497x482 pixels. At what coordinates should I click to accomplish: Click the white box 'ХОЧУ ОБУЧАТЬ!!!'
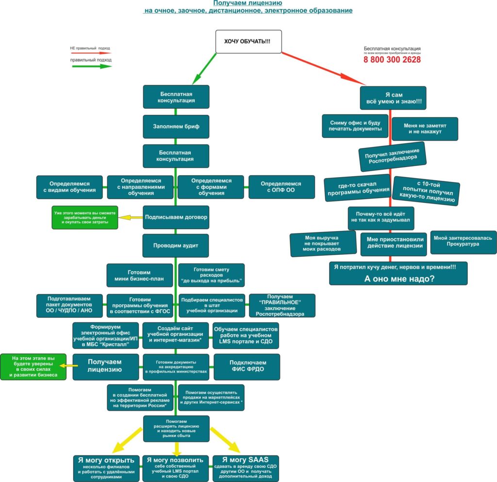point(248,42)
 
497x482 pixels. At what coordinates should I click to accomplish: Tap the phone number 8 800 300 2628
point(392,60)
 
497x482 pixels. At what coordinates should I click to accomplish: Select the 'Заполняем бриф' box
point(176,126)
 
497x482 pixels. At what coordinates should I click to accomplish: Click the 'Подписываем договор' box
point(176,217)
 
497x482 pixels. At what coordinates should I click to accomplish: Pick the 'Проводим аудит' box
point(176,246)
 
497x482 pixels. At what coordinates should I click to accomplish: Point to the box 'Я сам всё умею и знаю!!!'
point(393,98)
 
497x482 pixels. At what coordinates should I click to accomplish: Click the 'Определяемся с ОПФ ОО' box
point(282,187)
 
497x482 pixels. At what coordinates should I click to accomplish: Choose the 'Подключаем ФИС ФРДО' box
point(247,367)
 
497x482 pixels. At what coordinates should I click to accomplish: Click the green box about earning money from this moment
point(85,218)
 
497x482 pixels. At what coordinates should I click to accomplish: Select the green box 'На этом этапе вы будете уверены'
point(33,367)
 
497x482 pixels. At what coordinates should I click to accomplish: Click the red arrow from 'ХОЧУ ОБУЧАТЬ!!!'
point(323,69)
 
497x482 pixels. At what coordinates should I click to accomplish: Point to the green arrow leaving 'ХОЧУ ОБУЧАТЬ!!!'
point(204,68)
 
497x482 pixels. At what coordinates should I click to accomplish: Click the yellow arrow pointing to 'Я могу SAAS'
point(225,440)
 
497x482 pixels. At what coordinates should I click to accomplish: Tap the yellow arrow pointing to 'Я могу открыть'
point(127,440)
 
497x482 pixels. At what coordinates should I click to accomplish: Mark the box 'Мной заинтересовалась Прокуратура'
point(464,242)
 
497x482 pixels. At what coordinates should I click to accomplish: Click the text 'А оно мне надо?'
point(399,279)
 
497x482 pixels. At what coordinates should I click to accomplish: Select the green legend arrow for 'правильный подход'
point(92,66)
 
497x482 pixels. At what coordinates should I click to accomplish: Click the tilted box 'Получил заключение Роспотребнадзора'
point(392,156)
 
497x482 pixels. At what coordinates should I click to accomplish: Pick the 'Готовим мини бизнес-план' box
point(139,275)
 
